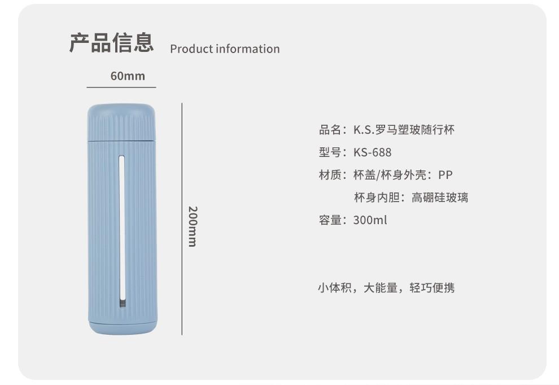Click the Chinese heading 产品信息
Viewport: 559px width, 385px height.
[111, 43]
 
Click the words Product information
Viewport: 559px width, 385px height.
[225, 49]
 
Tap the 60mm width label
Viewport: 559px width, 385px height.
[128, 76]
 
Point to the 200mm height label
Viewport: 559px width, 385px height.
[192, 226]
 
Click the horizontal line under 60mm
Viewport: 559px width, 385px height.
[121, 88]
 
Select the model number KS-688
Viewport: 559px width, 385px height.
[372, 152]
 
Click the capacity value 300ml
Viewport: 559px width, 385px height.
[370, 220]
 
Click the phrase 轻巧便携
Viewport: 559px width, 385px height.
[432, 288]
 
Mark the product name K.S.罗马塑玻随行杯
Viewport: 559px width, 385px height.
[404, 130]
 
